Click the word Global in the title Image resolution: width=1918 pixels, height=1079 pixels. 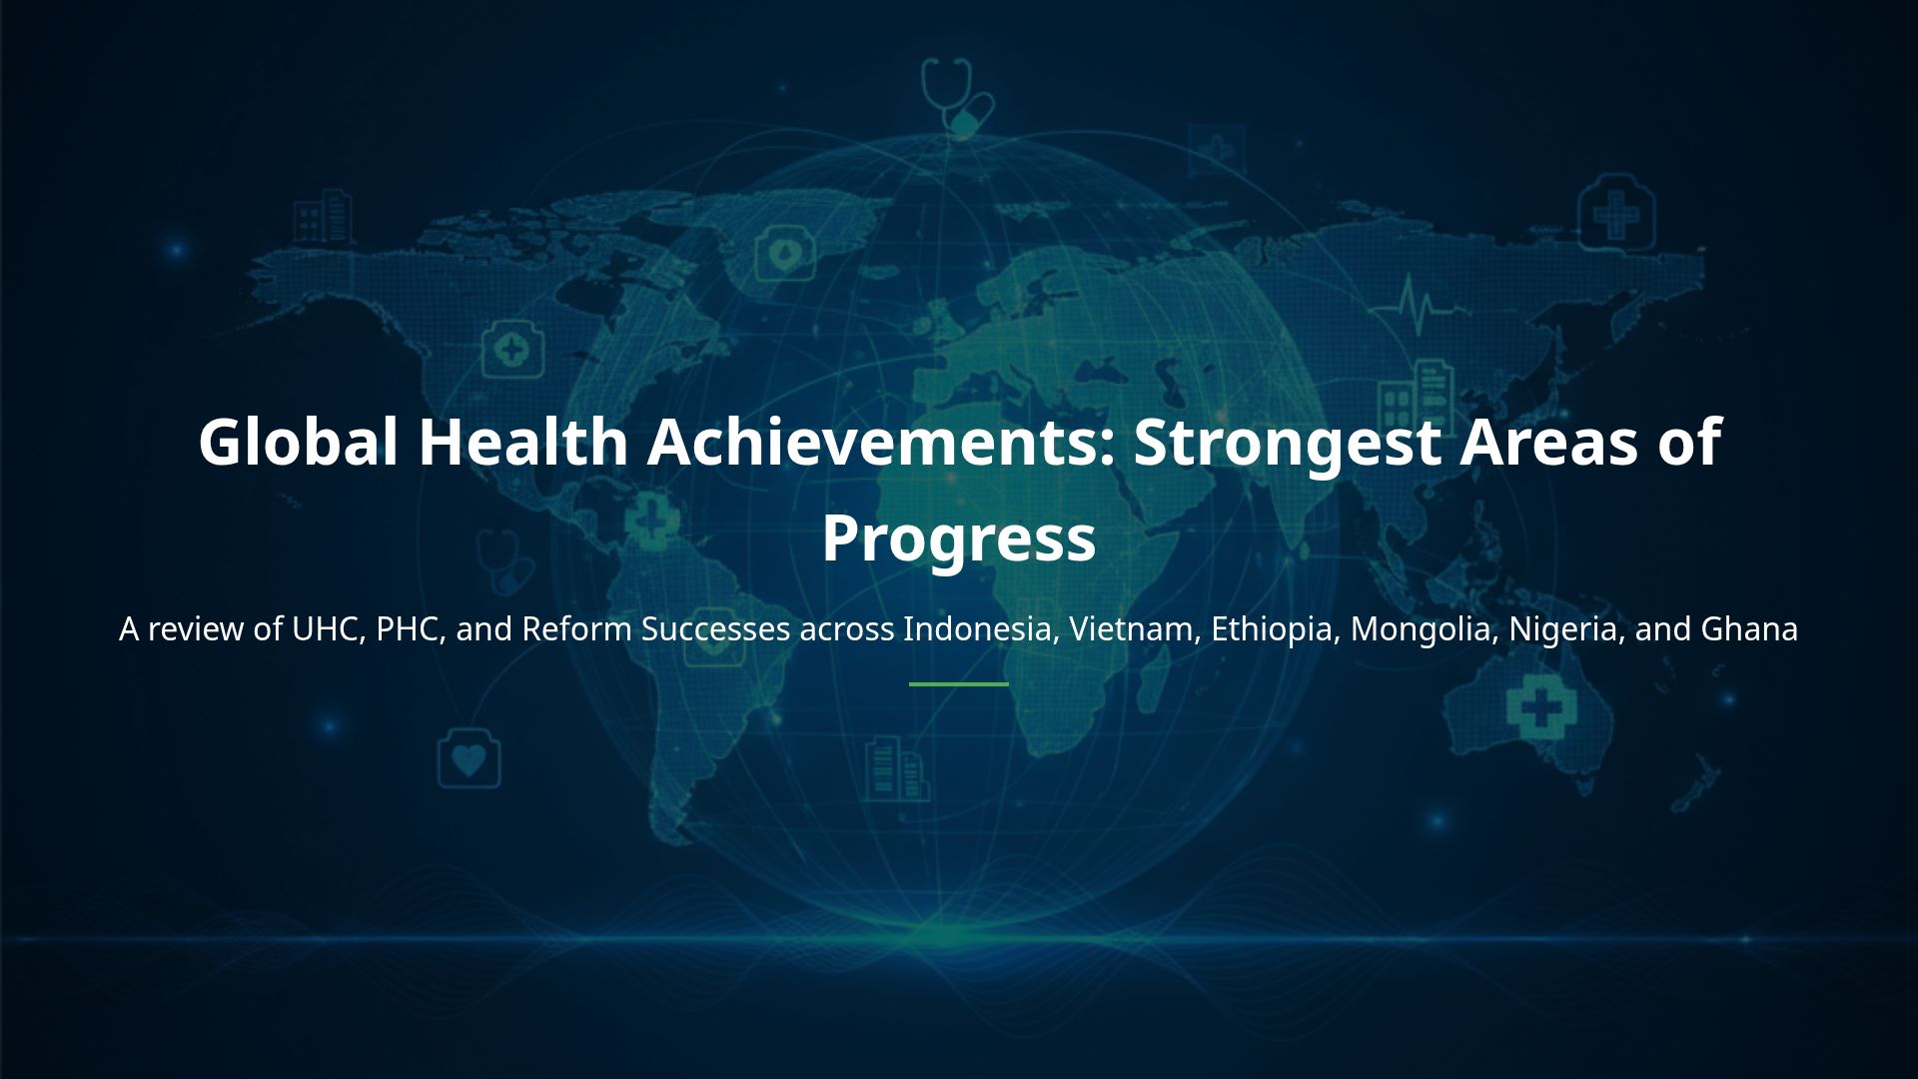pos(298,443)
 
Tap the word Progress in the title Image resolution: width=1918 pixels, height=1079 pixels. pos(958,538)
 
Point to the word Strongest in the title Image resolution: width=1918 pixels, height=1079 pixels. pos(1287,443)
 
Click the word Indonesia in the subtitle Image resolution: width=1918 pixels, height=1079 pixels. pos(980,629)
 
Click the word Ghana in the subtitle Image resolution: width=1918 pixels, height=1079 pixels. pos(1748,629)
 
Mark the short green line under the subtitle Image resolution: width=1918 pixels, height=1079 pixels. pos(958,684)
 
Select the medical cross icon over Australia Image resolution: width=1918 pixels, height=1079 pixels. pos(1539,705)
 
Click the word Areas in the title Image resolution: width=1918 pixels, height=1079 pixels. pos(1548,443)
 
